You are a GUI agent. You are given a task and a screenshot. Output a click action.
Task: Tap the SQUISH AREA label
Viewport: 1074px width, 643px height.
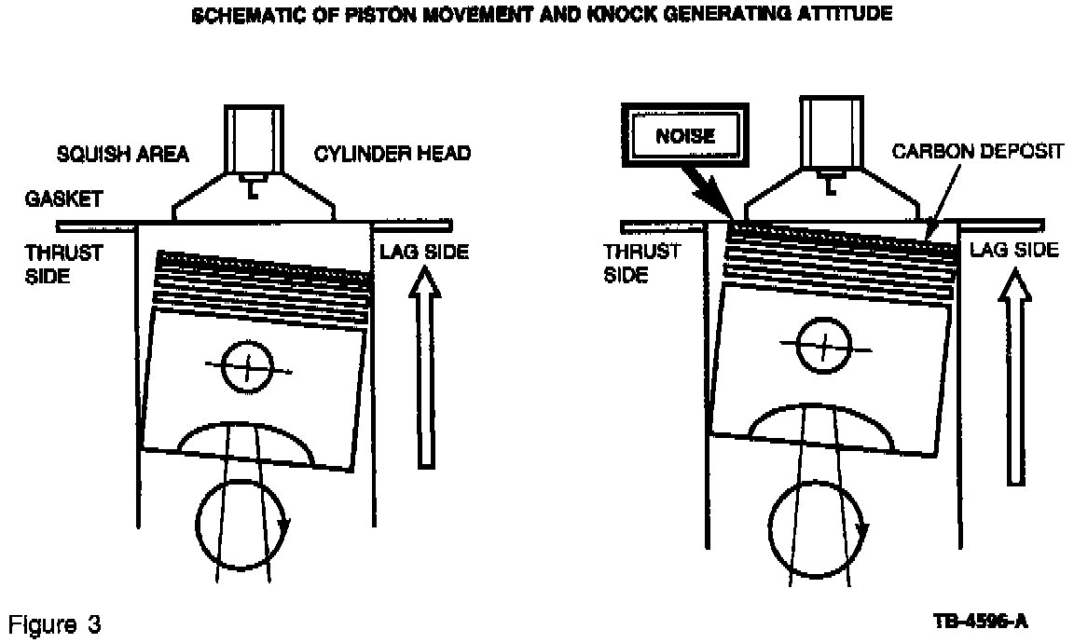coord(123,154)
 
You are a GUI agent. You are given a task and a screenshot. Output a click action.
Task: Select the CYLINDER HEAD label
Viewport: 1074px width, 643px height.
coord(392,154)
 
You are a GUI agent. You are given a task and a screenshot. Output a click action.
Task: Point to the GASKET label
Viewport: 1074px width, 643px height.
coord(63,199)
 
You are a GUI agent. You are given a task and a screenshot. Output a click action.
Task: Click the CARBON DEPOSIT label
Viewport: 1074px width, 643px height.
coord(977,151)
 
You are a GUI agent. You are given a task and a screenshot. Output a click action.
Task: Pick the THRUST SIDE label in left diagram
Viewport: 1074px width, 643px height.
coord(63,265)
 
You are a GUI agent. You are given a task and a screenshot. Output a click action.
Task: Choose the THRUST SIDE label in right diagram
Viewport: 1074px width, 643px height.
coord(641,263)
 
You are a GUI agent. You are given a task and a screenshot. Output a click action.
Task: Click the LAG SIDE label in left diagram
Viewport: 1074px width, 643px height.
coord(425,252)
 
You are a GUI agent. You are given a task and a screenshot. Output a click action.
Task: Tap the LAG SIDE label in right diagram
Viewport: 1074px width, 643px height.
coord(1013,249)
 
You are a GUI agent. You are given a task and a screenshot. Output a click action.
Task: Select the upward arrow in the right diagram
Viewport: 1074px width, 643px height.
coord(1015,377)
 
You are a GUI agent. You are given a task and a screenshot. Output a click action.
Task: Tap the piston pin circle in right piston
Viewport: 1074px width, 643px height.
coord(799,346)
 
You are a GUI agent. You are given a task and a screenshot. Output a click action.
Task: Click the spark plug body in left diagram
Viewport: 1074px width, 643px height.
coord(255,140)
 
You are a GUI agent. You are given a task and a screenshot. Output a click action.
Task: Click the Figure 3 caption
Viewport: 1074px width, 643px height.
coord(55,624)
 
